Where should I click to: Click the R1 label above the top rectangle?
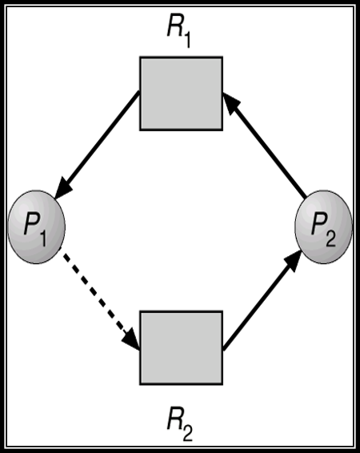pos(179,33)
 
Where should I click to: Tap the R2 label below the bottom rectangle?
pos(179,427)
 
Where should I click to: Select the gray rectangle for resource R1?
pos(181,94)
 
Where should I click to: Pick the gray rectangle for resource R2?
pos(181,348)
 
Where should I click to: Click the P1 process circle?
pos(36,226)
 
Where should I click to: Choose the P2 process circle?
pos(323,226)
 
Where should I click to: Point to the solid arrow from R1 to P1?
pos(97,145)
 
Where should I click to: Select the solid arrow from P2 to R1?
pos(264,145)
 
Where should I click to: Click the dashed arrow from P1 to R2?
pos(99,299)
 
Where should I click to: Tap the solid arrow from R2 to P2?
pos(262,300)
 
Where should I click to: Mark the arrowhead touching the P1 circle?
pos(62,188)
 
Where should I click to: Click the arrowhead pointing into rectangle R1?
pos(231,103)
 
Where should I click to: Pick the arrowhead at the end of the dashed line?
pos(131,339)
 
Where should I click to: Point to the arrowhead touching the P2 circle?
pos(293,261)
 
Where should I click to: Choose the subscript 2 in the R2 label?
pos(187,432)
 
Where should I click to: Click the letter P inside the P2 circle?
pos(318,224)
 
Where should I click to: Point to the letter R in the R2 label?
pos(174,422)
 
